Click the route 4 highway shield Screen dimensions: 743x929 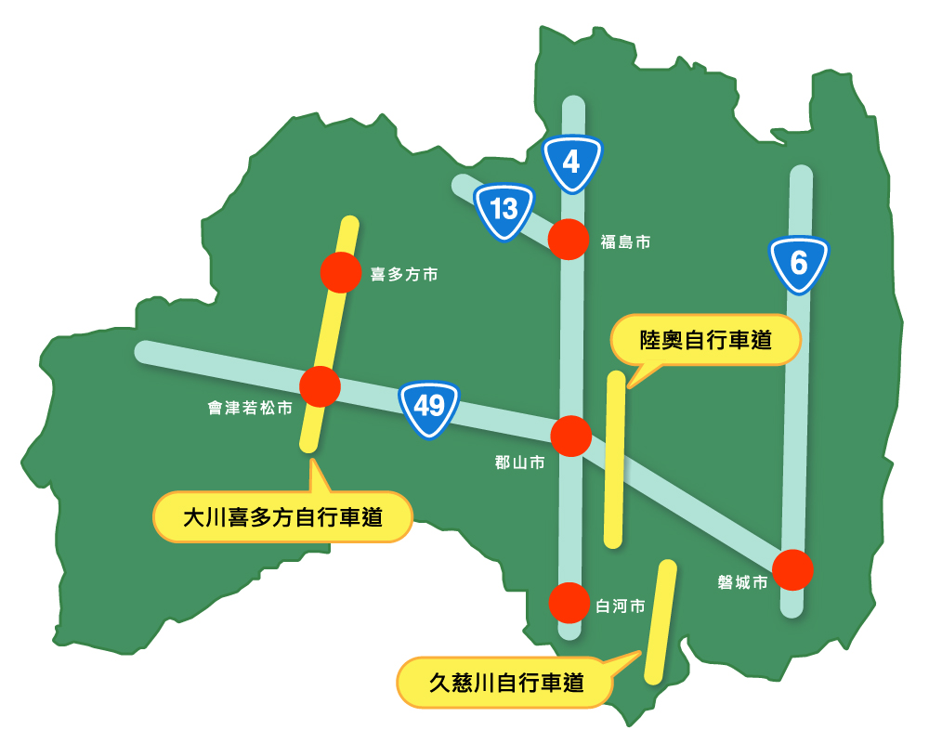click(x=572, y=163)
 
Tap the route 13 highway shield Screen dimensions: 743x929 click(x=504, y=210)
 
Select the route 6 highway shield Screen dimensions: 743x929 click(x=799, y=264)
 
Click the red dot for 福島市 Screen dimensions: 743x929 click(x=569, y=240)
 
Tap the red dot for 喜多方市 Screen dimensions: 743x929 click(x=340, y=273)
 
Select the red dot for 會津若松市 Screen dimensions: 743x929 click(x=320, y=386)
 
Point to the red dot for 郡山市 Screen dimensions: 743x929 click(x=571, y=436)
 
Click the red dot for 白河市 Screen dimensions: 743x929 click(x=569, y=603)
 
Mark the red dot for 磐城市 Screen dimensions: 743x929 click(x=792, y=569)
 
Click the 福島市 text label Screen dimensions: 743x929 click(x=624, y=242)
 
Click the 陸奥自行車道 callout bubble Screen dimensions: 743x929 click(x=705, y=341)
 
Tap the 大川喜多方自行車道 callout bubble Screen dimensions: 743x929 click(x=282, y=517)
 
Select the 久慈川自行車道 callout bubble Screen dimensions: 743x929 click(x=505, y=684)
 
